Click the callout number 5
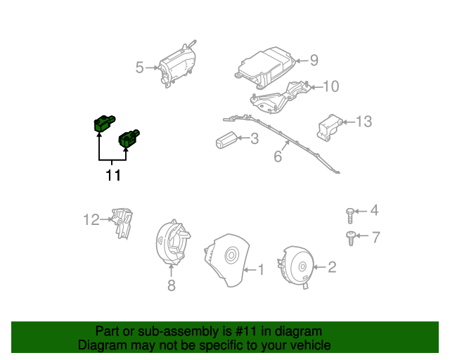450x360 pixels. tap(139, 67)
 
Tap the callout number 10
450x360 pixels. tap(330, 86)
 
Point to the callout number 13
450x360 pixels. tap(363, 122)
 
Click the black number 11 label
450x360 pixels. tap(113, 175)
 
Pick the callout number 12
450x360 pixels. tap(92, 220)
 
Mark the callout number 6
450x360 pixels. tap(278, 156)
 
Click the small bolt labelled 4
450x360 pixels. tap(350, 212)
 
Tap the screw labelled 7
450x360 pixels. tap(350, 238)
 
